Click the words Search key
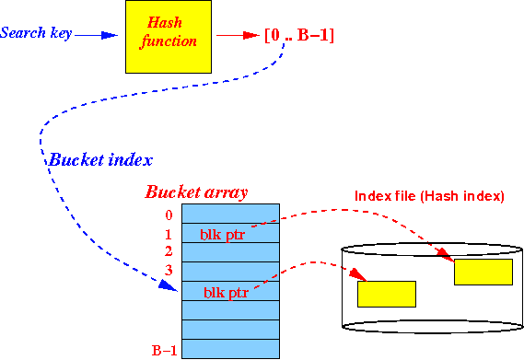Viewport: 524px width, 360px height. (x=35, y=34)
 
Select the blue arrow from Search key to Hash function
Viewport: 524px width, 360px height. (x=96, y=35)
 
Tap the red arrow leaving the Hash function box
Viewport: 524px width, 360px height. (x=236, y=36)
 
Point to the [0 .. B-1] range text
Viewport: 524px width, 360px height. (x=298, y=36)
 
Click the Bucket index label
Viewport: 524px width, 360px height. (x=100, y=158)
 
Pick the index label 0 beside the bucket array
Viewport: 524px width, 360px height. (x=169, y=215)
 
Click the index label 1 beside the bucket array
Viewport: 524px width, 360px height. (x=169, y=234)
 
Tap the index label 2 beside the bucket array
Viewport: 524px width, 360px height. (x=169, y=251)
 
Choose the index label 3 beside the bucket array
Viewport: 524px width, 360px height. (x=169, y=271)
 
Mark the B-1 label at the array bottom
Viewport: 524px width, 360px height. (x=163, y=350)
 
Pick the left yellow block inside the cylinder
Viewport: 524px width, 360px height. (x=386, y=294)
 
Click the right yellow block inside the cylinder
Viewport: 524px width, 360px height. (x=483, y=272)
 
